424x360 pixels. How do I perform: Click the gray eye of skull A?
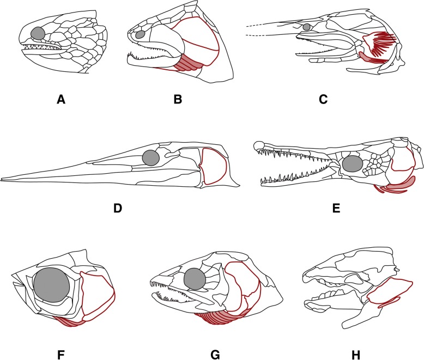click(38, 33)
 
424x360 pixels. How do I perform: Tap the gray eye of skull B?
click(140, 34)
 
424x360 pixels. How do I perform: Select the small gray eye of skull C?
click(307, 27)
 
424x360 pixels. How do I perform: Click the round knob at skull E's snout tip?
click(259, 145)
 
